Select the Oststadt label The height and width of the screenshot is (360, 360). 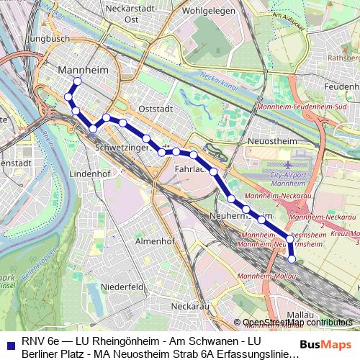tap(156, 109)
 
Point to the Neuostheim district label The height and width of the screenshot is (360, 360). tap(271, 141)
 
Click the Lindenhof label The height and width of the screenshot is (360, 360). tap(89, 174)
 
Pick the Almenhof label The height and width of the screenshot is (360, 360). tap(156, 241)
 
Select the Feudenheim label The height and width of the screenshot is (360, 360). tap(341, 86)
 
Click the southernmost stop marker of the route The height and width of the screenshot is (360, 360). tap(292, 259)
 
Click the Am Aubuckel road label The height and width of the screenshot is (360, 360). tap(290, 15)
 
